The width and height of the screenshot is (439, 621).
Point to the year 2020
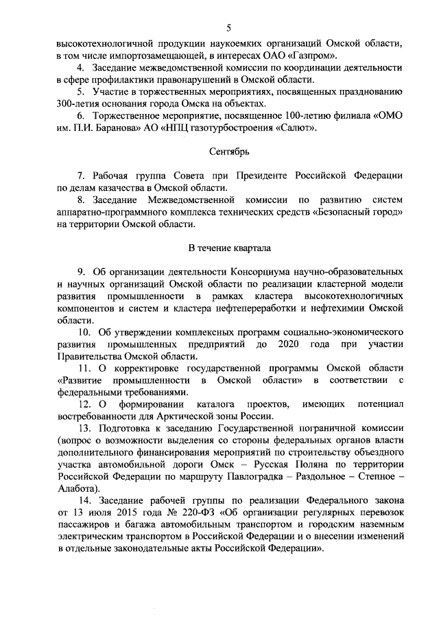(x=292, y=344)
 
